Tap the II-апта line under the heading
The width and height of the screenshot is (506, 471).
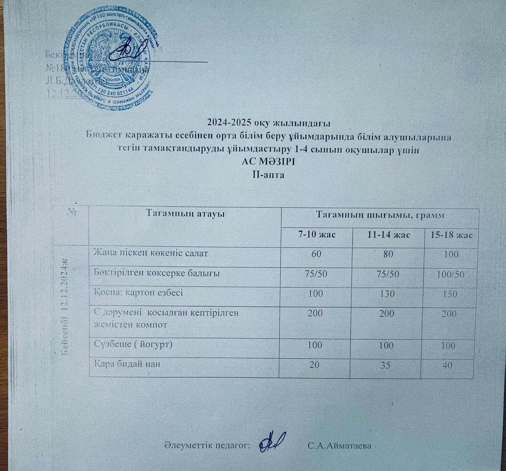(x=268, y=174)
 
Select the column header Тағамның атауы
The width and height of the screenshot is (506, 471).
(x=185, y=214)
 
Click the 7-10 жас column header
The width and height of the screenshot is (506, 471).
(x=317, y=235)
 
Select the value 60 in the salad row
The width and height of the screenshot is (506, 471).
(x=316, y=254)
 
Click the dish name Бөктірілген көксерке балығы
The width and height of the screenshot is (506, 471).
(x=157, y=272)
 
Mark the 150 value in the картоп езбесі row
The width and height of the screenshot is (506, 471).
(x=451, y=294)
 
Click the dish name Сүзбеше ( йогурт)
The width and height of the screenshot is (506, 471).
(x=133, y=344)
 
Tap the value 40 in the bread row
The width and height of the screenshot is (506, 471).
(x=447, y=365)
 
